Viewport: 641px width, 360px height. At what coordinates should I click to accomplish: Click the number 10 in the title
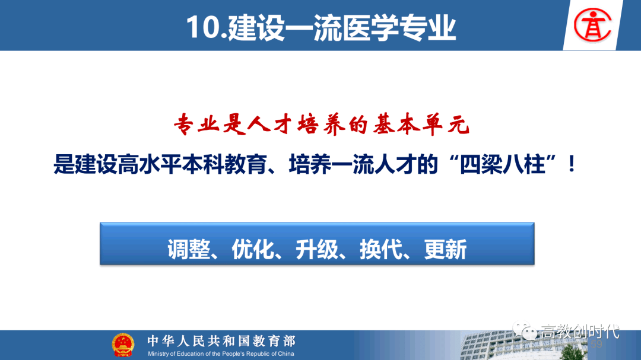[204, 28]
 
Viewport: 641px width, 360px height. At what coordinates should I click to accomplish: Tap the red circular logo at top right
[592, 26]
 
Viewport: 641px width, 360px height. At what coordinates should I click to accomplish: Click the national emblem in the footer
[123, 345]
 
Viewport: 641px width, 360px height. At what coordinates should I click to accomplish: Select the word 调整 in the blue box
[189, 249]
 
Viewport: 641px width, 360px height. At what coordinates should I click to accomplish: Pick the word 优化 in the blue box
[253, 249]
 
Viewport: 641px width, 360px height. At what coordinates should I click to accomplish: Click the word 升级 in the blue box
[317, 249]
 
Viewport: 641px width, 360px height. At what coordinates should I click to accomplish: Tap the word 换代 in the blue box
[381, 249]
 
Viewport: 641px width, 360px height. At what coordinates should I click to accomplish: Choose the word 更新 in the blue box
[445, 249]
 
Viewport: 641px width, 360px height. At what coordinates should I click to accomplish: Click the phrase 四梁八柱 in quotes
[503, 164]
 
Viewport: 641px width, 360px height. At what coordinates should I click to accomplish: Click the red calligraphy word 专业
[198, 124]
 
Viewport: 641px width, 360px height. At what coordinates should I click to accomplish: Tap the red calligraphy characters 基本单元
[421, 124]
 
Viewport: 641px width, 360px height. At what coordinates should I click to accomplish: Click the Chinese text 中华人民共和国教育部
[221, 341]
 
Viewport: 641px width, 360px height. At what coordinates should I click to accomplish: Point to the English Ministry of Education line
[221, 354]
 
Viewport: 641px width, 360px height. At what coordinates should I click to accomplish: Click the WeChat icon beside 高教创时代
[525, 330]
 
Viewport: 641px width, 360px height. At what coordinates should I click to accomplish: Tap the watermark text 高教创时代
[580, 332]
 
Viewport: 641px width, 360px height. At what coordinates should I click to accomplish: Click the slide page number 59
[596, 345]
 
